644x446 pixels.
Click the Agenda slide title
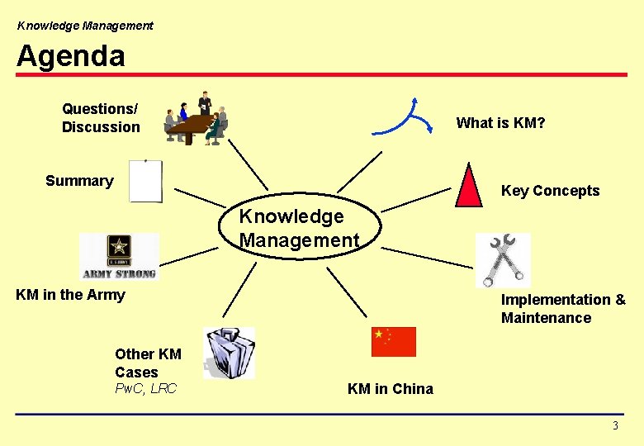71,55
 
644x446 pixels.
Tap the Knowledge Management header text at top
85,26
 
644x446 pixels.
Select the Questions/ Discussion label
101,117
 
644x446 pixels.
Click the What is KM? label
500,123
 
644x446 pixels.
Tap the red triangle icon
469,185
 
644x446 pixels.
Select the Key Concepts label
550,191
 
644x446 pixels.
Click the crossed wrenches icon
503,260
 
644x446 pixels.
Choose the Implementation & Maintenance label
563,309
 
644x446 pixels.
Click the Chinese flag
394,341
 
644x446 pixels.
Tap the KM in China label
390,389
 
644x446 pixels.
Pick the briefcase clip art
228,353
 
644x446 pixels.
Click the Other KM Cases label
148,363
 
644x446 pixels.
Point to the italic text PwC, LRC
145,388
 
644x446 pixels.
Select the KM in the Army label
71,295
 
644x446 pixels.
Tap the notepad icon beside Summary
146,182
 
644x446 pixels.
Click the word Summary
79,181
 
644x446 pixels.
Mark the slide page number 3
614,426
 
